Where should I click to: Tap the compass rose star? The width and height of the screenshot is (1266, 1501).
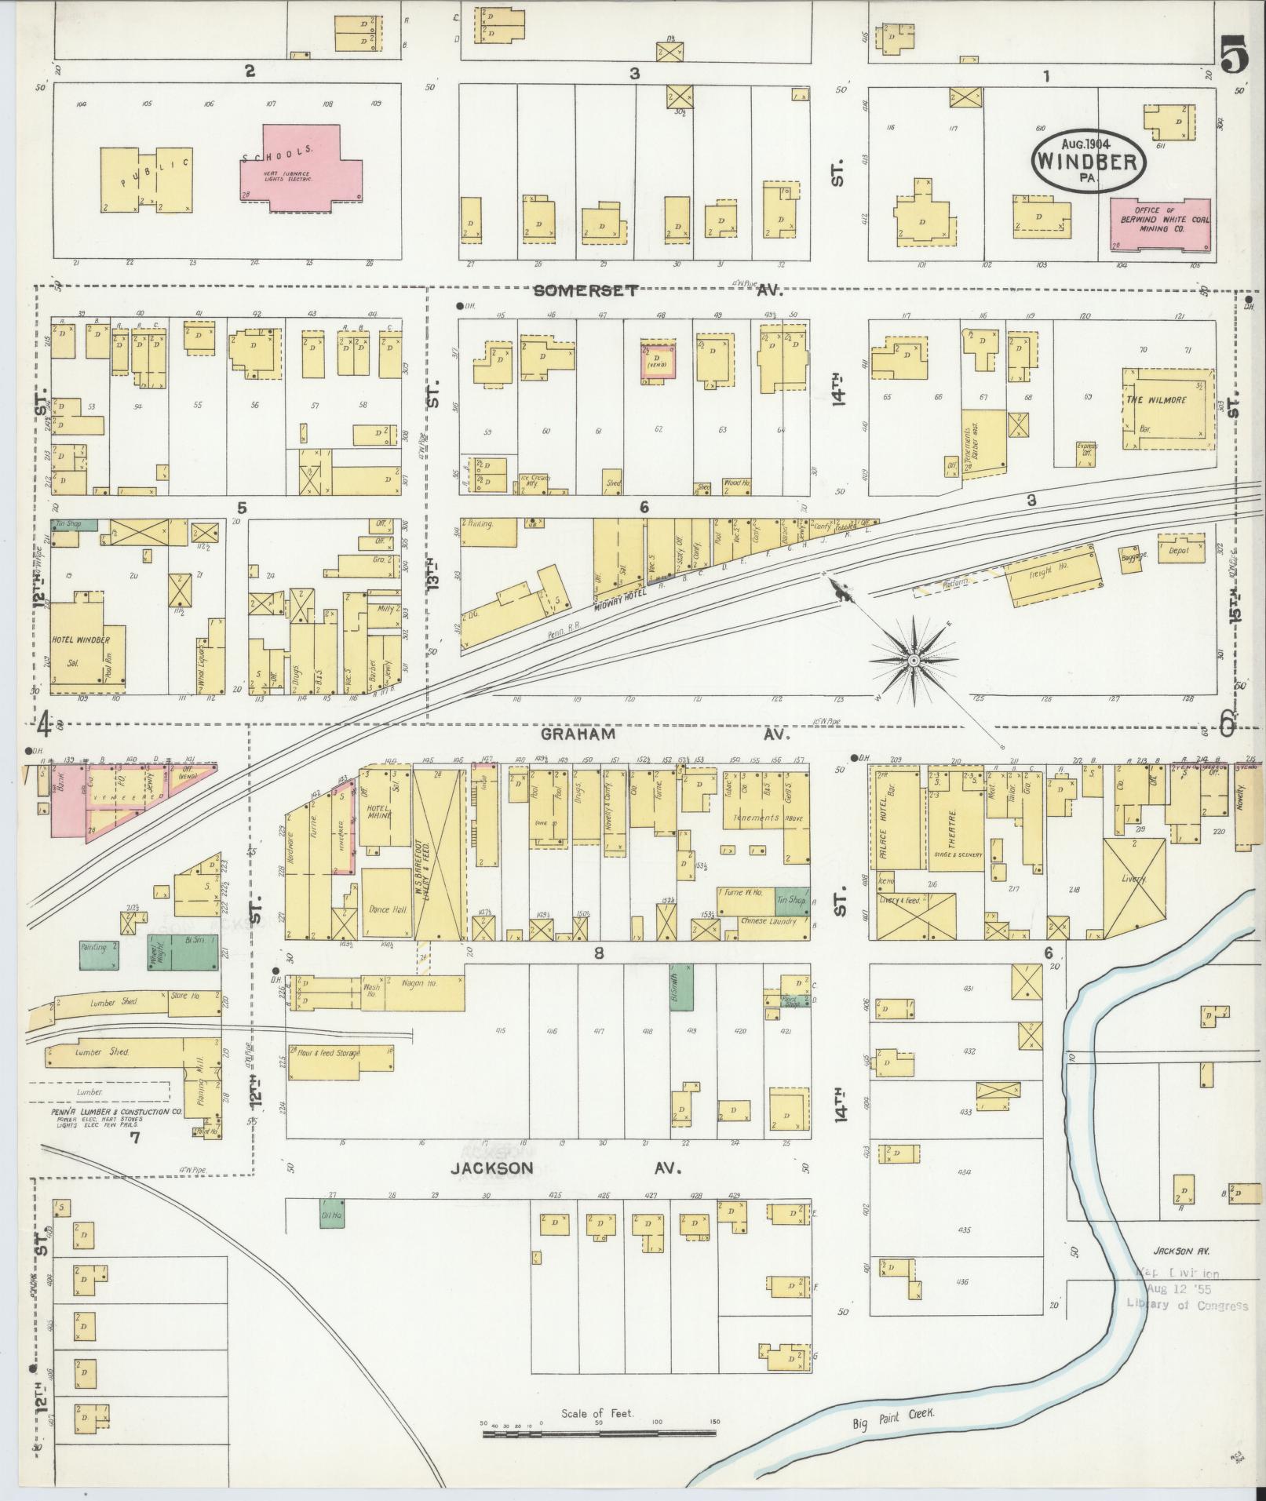914,661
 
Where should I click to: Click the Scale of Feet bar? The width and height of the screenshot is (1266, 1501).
598,1434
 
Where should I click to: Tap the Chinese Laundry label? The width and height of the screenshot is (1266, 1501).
764,921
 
